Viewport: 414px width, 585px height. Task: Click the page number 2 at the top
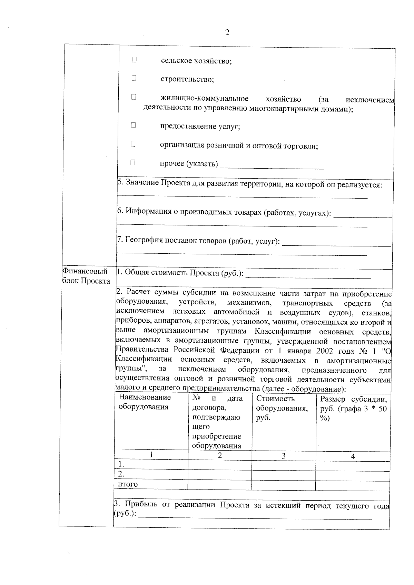[x=227, y=33]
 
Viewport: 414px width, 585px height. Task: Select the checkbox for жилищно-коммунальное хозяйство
[x=134, y=98]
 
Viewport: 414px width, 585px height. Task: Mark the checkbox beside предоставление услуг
[x=133, y=125]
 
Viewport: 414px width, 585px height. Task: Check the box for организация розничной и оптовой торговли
[x=133, y=144]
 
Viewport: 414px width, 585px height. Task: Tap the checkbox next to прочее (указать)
[x=133, y=162]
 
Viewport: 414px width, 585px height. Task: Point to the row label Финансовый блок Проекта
[x=86, y=276]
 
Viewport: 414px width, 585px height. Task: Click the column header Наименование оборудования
[x=145, y=402]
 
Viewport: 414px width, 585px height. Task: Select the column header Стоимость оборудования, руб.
[x=282, y=408]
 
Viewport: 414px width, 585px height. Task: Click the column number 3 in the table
[x=284, y=456]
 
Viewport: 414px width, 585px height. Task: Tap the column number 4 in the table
[x=353, y=456]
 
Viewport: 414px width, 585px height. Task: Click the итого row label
[x=128, y=484]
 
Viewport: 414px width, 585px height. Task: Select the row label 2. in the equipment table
[x=121, y=474]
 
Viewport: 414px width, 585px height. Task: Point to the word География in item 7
[x=144, y=240]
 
